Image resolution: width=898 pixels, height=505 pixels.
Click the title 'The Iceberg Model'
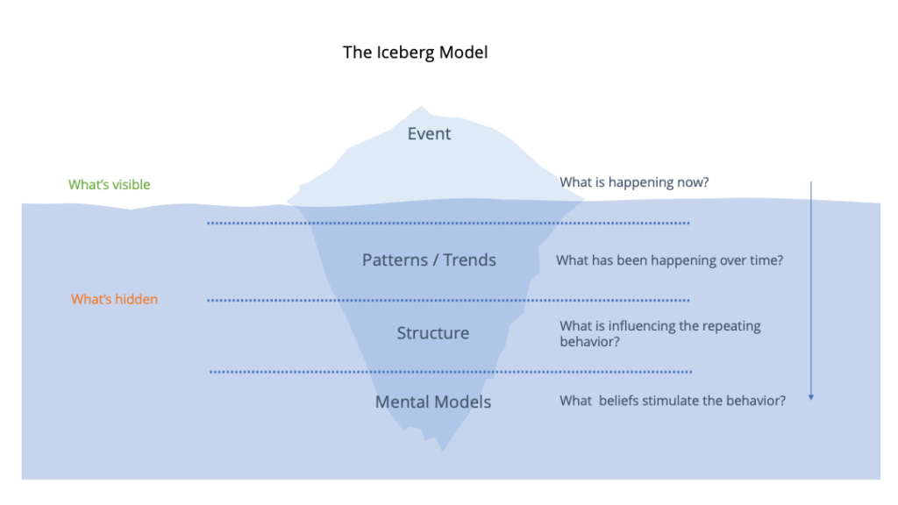tap(415, 52)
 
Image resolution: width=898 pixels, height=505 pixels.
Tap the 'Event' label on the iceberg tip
tap(429, 133)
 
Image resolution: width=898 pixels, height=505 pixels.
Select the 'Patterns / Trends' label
tap(429, 260)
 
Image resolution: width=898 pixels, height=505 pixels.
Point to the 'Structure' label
tap(433, 332)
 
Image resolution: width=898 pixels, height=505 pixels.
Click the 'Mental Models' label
tap(433, 402)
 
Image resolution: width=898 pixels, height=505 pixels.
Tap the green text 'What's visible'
tap(110, 184)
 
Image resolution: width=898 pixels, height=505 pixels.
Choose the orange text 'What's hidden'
tap(115, 299)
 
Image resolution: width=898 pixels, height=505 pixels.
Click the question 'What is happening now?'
tap(634, 182)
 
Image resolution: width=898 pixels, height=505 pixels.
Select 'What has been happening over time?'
tap(669, 260)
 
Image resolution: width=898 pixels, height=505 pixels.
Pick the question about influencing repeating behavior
tap(660, 333)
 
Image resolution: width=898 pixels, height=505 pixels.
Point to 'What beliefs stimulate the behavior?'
tap(673, 400)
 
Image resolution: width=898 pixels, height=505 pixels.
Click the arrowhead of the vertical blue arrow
tap(811, 397)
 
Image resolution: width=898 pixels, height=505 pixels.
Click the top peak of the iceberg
tap(422, 106)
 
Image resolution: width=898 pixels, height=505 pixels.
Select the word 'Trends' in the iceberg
tap(470, 260)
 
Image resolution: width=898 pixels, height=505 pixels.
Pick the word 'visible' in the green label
tap(131, 184)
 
